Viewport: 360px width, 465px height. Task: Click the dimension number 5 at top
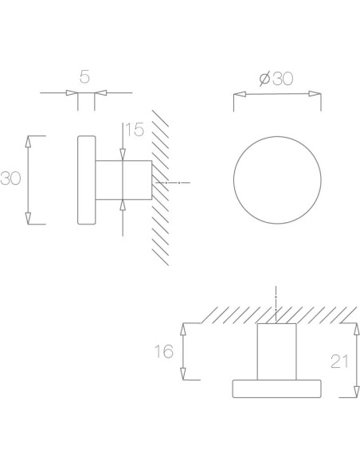[x=84, y=77]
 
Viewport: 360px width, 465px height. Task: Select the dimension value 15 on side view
[x=134, y=131]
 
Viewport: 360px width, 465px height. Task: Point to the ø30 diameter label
[x=277, y=79]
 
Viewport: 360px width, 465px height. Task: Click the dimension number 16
[x=164, y=351]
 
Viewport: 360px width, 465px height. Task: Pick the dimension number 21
[x=340, y=361]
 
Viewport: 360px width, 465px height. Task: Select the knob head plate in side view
[x=86, y=182]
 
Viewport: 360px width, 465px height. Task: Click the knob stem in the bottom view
[x=276, y=351]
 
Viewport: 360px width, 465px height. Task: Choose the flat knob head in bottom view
[x=276, y=388]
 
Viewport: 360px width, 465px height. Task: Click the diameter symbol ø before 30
[x=264, y=79]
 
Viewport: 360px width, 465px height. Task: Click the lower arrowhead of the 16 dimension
[x=185, y=375]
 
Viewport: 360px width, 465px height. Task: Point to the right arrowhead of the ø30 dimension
[x=317, y=95]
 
